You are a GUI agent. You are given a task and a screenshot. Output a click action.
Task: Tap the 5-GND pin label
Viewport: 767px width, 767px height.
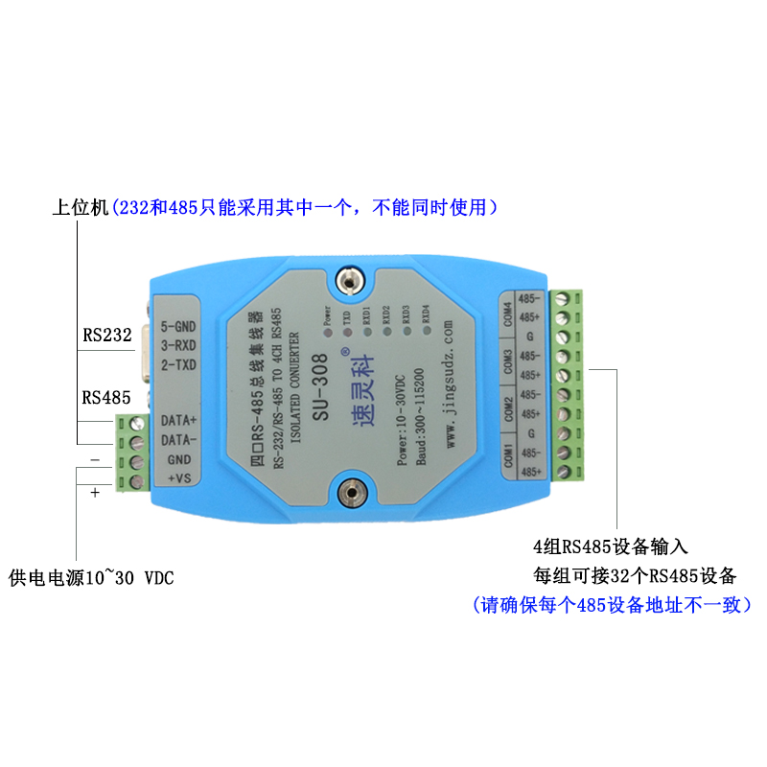178,325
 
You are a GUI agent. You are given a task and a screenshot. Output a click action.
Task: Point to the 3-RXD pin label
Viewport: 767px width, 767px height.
179,345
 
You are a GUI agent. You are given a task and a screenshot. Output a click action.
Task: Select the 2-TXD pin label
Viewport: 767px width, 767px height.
179,365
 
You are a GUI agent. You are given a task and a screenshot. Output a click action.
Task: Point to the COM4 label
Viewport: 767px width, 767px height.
507,311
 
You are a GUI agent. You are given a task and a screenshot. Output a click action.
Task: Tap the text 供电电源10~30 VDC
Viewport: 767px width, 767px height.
91,578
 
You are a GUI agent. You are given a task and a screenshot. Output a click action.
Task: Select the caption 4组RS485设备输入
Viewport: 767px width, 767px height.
611,547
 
